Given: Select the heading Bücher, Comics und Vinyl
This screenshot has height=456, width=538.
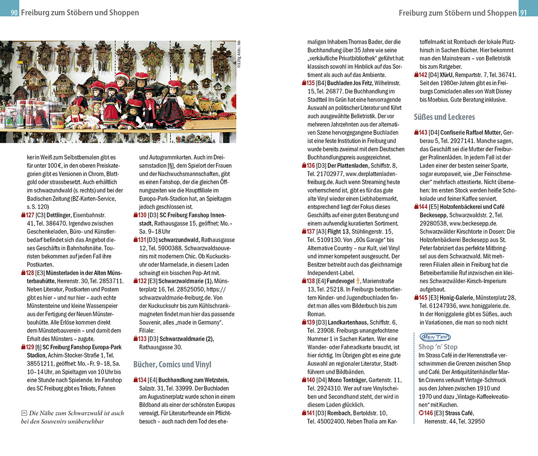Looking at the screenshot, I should click(172, 364).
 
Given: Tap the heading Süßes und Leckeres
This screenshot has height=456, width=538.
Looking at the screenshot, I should click(444, 117).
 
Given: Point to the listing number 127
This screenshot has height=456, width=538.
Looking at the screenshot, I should click(30, 215).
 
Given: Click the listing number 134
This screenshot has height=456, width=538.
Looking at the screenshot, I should click(142, 380).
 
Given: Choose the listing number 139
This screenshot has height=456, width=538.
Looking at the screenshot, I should click(310, 322).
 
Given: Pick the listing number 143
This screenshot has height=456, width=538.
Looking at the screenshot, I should click(423, 132).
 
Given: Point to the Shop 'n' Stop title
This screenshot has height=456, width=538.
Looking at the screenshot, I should click(438, 347).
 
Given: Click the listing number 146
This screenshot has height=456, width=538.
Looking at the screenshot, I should click(428, 413).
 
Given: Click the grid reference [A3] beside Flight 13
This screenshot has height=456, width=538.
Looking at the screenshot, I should click(321, 231).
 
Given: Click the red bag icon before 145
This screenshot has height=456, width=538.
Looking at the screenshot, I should click(416, 297).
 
